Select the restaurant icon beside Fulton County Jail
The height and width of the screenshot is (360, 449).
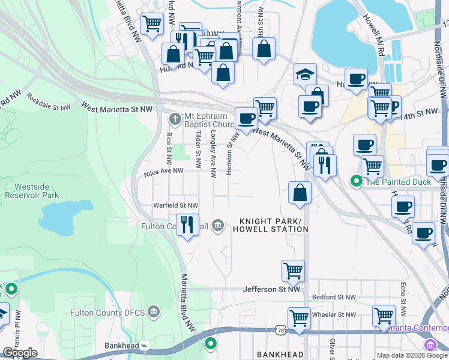(187, 225)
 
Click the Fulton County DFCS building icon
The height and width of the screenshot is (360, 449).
(154, 311)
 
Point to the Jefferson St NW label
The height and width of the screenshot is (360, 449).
(271, 289)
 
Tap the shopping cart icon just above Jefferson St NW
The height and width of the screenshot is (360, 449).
(293, 270)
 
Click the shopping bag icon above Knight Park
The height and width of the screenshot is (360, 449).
(300, 193)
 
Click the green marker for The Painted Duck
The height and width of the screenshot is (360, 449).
(356, 180)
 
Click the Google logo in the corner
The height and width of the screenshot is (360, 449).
(20, 353)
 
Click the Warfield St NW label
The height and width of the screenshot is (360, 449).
(176, 205)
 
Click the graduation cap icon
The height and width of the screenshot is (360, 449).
(305, 74)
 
